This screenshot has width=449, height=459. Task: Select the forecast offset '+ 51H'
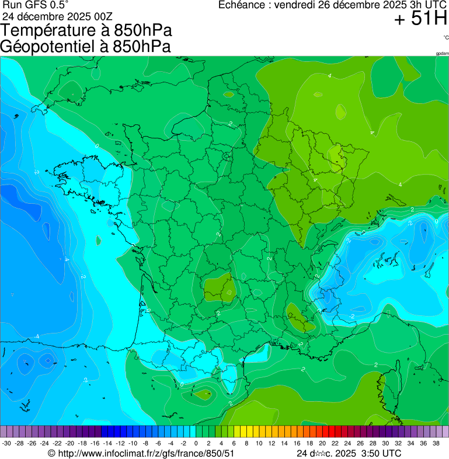click(x=420, y=19)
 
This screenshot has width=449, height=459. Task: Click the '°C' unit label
click(x=445, y=37)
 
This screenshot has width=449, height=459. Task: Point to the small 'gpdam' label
click(x=443, y=53)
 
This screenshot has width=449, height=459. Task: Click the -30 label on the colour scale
click(x=7, y=443)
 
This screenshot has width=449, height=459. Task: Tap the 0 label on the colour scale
click(x=196, y=443)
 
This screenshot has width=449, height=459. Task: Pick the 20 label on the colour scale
click(x=322, y=443)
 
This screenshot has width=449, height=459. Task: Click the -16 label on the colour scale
click(x=95, y=443)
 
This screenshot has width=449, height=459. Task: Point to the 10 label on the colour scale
click(x=259, y=443)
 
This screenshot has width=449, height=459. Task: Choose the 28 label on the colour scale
click(x=373, y=443)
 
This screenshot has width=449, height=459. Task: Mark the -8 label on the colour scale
click(x=146, y=443)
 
